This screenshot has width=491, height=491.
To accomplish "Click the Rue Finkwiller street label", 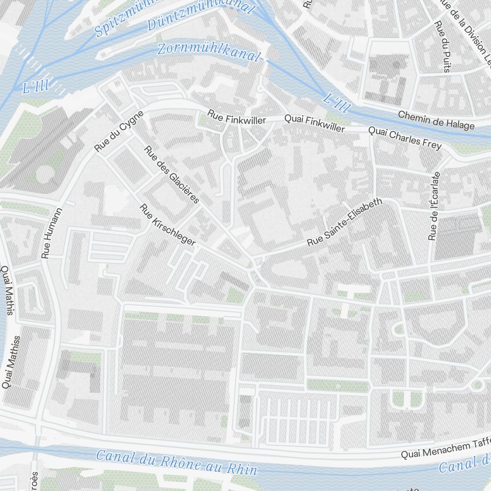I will point(236,118).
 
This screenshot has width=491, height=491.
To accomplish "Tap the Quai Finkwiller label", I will point(315,123).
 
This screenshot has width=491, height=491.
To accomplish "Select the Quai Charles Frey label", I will point(405,138).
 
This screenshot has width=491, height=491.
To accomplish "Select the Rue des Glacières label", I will point(171,174).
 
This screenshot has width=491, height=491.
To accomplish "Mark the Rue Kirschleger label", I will point(168,225).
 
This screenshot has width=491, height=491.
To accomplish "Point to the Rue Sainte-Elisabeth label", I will point(344,222).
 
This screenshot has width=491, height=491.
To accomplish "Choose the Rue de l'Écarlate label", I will point(435,206).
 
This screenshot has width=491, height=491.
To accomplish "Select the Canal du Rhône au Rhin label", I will point(176,463).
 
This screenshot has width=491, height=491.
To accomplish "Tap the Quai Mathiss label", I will point(11,362).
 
